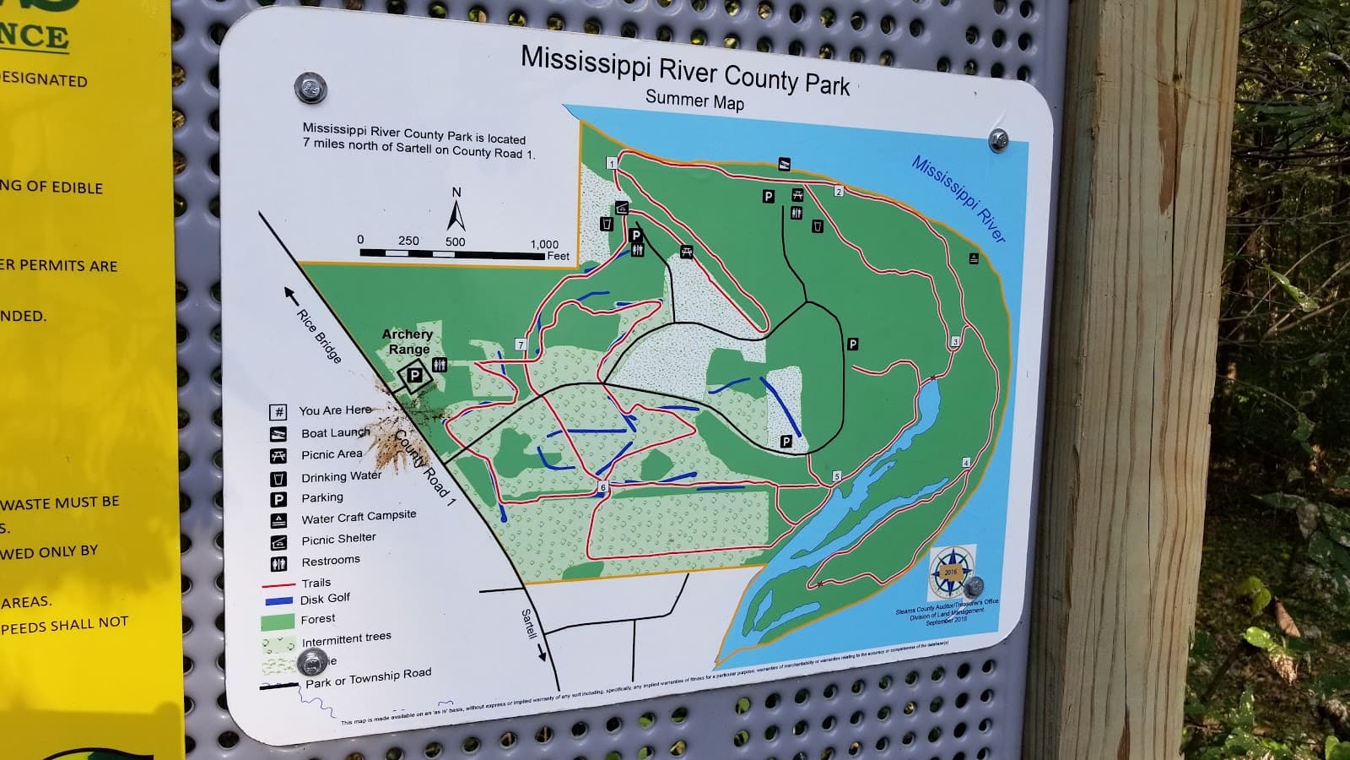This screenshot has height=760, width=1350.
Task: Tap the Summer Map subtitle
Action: [x=694, y=100]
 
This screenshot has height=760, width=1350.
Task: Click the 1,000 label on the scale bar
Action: [x=544, y=244]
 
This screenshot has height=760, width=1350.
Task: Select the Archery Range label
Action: [x=408, y=341]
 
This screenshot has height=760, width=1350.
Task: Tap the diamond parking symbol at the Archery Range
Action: [x=415, y=376]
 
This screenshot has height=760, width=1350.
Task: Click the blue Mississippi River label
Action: [x=958, y=199]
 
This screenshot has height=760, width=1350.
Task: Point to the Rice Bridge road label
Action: [x=319, y=336]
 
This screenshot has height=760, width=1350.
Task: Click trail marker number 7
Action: [x=521, y=345]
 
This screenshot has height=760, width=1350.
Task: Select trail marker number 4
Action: [x=966, y=463]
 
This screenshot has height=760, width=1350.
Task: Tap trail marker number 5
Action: [x=837, y=476]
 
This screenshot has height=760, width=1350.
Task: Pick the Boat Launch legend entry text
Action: [x=335, y=432]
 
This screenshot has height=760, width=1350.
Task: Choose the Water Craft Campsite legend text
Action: [x=359, y=517]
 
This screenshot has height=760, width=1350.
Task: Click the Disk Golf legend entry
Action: [x=325, y=599]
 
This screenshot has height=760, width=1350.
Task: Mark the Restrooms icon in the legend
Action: [x=278, y=563]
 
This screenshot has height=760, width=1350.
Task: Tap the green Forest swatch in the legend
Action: [x=277, y=622]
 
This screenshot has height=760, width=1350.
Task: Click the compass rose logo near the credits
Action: [x=950, y=572]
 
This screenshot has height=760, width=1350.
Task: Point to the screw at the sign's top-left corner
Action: [x=310, y=87]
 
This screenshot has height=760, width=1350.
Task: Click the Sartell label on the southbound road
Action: [x=528, y=624]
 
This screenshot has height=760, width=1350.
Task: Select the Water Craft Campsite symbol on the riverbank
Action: [x=974, y=258]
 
